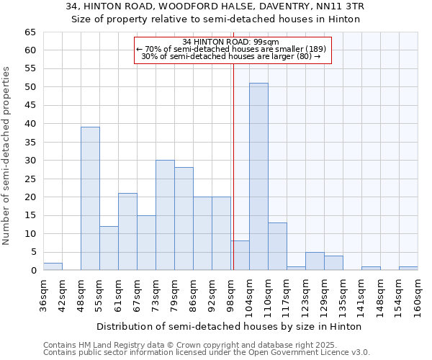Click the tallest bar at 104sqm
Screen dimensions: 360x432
click(x=258, y=177)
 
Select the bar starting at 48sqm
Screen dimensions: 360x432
click(x=90, y=199)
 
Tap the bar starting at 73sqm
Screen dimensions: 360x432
click(x=165, y=215)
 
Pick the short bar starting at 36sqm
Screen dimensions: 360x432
click(x=53, y=266)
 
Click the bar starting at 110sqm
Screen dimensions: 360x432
click(x=277, y=246)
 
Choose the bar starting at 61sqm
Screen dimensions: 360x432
click(x=127, y=232)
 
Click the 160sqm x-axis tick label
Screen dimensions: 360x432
click(x=418, y=297)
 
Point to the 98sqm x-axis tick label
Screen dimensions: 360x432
click(x=231, y=294)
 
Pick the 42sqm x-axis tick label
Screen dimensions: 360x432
click(x=63, y=294)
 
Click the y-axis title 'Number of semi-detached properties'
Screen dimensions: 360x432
click(x=7, y=156)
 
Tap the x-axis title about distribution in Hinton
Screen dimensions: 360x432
click(x=229, y=326)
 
